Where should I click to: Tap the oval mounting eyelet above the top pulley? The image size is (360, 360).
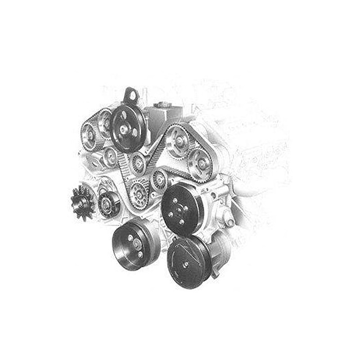tap(130, 96)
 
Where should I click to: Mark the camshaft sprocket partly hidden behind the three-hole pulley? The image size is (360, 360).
tap(105, 122)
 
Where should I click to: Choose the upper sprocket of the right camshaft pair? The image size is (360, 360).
tap(179, 141)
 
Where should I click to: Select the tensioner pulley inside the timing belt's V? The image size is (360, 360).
tap(138, 163)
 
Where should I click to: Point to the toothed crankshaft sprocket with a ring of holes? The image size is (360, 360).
tap(139, 194)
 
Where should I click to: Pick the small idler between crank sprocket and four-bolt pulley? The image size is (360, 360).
tap(159, 179)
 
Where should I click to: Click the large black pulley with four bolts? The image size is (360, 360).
tap(182, 209)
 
